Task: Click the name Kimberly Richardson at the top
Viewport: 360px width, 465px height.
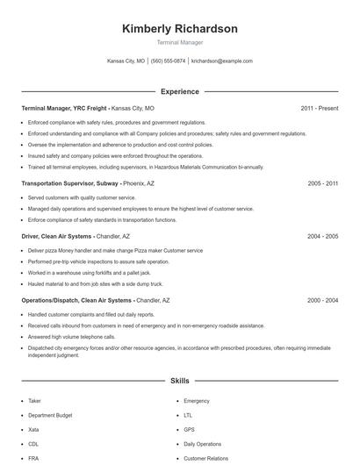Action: pos(179,29)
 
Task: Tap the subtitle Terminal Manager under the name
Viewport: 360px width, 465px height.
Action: pos(179,42)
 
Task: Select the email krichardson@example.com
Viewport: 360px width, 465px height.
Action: pos(221,61)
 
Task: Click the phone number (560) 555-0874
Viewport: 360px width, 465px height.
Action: pos(168,61)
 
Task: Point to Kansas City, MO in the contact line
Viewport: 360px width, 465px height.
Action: pos(126,61)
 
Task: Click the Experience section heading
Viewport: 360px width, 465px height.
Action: pos(179,91)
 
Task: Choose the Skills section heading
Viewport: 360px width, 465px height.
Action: pos(179,382)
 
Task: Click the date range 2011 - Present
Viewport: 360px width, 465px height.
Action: pos(319,108)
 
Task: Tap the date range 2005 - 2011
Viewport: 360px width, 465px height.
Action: pos(322,184)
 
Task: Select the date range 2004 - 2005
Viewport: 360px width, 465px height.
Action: pos(322,236)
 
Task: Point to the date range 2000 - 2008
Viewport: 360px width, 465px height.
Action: pos(322,300)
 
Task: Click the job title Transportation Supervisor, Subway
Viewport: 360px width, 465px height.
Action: pos(70,184)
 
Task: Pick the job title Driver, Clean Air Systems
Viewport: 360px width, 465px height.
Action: pos(58,236)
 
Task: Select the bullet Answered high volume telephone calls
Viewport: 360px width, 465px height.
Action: pos(71,336)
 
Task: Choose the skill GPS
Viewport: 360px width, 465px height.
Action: pos(189,429)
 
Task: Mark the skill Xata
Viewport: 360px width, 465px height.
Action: pos(34,429)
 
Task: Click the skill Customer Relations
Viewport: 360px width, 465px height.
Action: pos(205,458)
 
